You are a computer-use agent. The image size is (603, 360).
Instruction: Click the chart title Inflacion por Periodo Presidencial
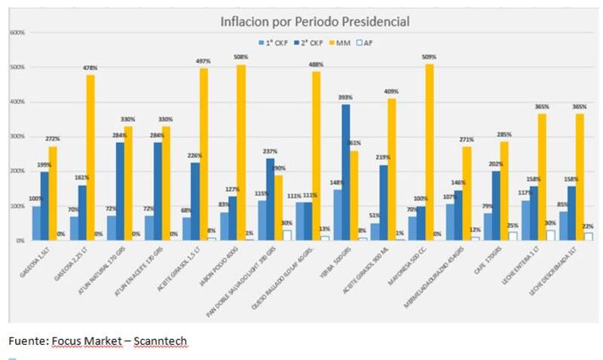click(314, 23)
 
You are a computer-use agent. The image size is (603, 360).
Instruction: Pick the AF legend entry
click(366, 42)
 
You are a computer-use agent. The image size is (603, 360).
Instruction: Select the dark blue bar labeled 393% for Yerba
click(346, 172)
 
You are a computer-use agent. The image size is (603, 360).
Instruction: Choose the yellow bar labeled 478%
click(90, 157)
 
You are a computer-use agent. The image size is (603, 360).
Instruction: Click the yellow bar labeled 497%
click(204, 154)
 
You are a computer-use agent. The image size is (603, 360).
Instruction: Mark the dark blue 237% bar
click(271, 199)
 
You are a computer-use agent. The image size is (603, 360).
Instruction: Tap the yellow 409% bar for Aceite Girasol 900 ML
click(392, 169)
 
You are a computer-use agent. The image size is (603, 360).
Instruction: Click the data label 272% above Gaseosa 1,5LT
click(52, 139)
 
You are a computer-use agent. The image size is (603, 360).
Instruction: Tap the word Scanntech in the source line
click(160, 341)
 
